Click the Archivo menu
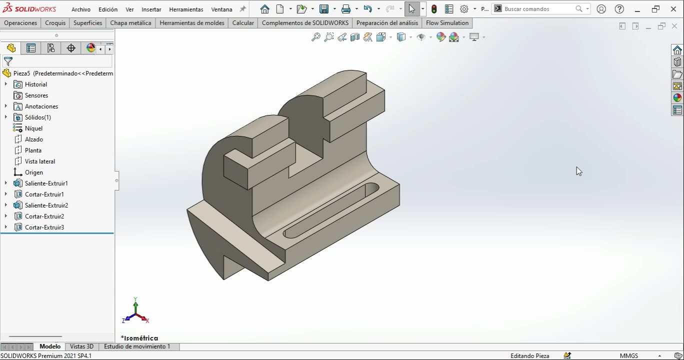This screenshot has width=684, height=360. [80, 9]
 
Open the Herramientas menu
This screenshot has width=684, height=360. [186, 9]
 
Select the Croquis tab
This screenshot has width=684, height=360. [55, 23]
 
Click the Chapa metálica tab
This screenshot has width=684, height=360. [130, 23]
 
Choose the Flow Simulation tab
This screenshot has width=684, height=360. [447, 23]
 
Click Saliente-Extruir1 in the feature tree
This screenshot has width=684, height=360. [46, 183]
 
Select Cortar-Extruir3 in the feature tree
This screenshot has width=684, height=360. [44, 227]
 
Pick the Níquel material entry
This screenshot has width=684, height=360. [33, 128]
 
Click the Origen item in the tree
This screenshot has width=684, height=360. [33, 172]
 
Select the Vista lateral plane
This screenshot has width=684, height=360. [39, 161]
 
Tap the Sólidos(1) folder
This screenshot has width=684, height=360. [37, 117]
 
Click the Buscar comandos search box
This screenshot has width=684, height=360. [537, 9]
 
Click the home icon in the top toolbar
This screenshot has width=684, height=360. [265, 9]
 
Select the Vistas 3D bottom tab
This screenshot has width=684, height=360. [81, 346]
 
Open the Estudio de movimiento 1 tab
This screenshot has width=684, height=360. [137, 346]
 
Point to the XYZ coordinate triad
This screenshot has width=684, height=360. [135, 313]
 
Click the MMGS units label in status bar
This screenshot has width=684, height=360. [628, 356]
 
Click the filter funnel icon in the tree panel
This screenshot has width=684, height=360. [8, 61]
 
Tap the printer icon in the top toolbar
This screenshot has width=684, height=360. [345, 9]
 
